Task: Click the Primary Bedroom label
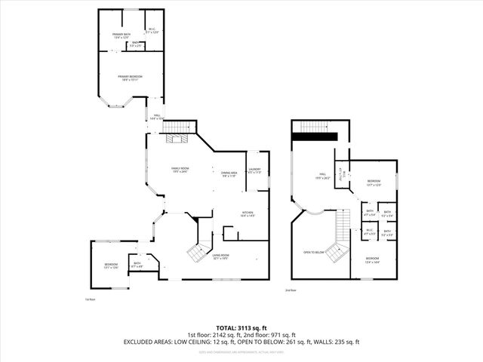(x=130, y=78)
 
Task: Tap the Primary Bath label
(x=122, y=35)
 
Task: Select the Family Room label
(x=180, y=170)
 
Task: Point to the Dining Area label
(x=229, y=174)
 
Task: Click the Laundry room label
(x=254, y=170)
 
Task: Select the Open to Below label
(x=313, y=253)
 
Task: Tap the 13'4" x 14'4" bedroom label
(x=374, y=259)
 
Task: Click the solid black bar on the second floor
(x=315, y=137)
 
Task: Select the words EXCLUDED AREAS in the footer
(x=148, y=342)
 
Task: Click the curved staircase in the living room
(x=197, y=252)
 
